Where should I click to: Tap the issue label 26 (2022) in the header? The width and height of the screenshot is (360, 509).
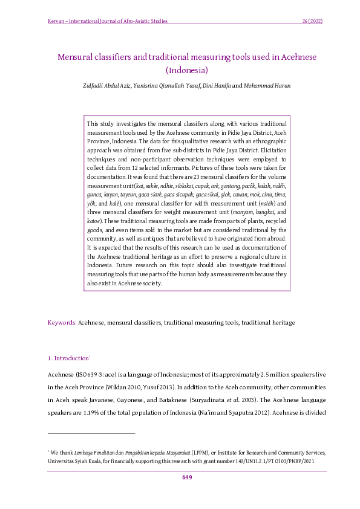tap(312, 22)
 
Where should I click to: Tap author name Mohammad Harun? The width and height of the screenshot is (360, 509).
tap(267, 85)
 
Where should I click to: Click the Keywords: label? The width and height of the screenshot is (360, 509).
tap(62, 323)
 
